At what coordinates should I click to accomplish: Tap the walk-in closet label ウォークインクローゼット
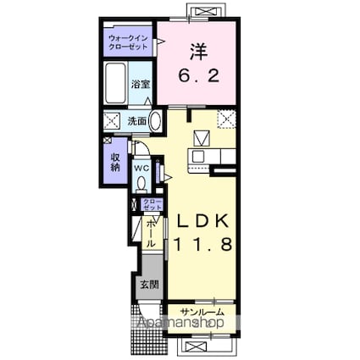click(x=127, y=42)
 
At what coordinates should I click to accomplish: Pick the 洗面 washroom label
click(x=136, y=120)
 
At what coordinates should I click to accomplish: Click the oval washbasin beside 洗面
click(x=156, y=120)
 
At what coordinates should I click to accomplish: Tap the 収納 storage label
click(x=114, y=160)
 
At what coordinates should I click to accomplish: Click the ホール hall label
click(x=150, y=231)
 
